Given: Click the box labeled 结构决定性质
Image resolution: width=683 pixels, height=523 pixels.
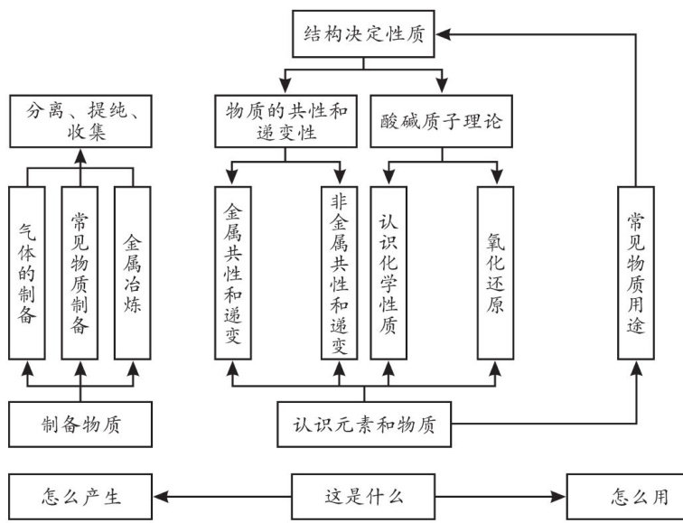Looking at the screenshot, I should pyautogui.click(x=365, y=35).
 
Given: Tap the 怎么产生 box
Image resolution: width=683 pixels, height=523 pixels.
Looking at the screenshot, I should pyautogui.click(x=80, y=495).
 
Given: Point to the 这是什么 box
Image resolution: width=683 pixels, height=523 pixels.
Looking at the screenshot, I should pyautogui.click(x=364, y=495).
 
